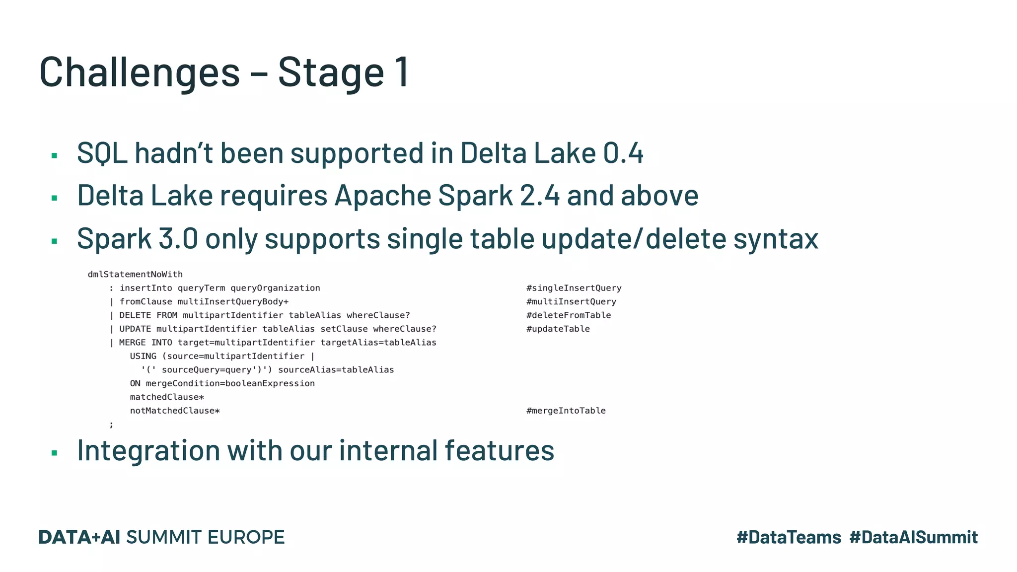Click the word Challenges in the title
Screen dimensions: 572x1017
[140, 72]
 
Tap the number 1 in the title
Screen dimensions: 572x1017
[402, 72]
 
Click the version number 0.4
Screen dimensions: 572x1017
[623, 153]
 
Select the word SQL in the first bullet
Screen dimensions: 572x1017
[102, 153]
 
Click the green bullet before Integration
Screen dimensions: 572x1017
[55, 453]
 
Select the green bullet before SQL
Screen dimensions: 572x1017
[55, 156]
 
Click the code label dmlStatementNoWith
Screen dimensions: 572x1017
[135, 274]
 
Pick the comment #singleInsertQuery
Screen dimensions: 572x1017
[574, 288]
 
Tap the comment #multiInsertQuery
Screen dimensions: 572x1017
[571, 301]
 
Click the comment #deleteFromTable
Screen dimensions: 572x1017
[569, 315]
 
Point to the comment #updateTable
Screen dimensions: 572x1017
[558, 329]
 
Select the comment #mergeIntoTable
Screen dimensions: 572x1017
[566, 411]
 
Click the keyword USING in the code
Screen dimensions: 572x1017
[143, 356]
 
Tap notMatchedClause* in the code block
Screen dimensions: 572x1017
[175, 411]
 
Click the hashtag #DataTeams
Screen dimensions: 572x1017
[789, 537]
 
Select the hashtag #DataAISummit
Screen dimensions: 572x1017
[913, 537]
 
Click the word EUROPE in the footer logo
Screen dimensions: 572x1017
[246, 537]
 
